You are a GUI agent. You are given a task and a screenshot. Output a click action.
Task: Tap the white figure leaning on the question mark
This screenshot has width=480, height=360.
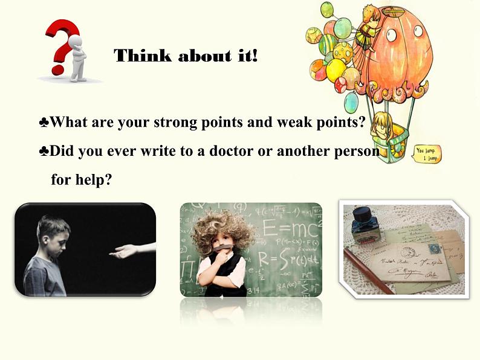tap(79, 57)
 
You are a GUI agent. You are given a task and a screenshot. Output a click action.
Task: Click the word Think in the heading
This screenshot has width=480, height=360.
tap(134, 56)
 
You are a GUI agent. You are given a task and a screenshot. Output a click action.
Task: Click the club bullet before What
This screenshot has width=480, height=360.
tap(44, 123)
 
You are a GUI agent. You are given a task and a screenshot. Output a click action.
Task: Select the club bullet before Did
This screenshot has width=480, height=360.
tap(44, 152)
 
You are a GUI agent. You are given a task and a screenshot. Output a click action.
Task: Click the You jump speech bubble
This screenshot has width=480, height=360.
tap(428, 153)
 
